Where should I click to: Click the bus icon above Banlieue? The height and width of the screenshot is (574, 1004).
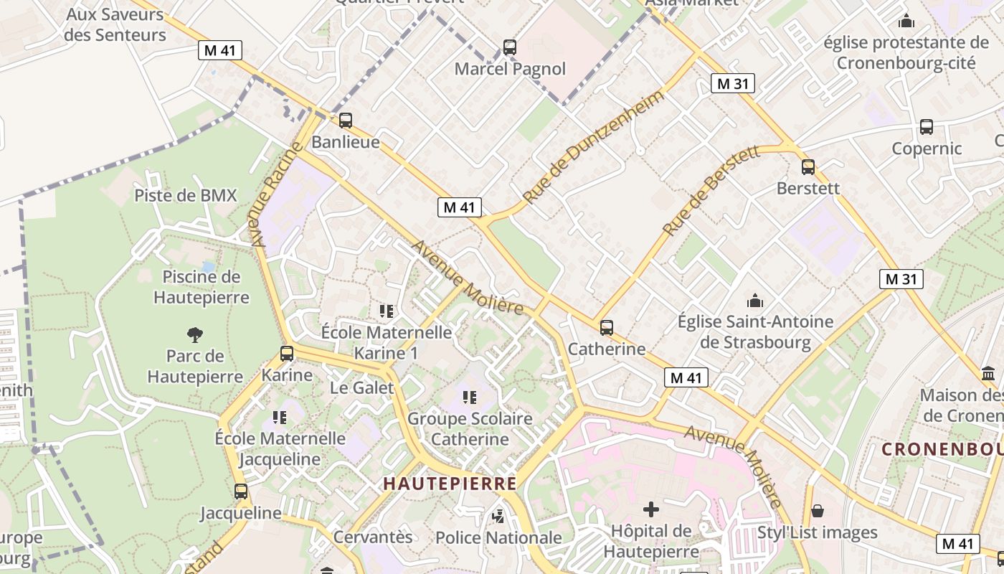pos(346,121)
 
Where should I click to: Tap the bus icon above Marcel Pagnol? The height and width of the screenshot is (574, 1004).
pos(510,48)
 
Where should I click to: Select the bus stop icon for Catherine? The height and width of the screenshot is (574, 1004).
pos(607,328)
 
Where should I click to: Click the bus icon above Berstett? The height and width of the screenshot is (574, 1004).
pos(808,167)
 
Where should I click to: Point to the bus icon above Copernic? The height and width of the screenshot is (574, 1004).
pos(927,127)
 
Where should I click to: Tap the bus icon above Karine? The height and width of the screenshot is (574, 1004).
pos(287,354)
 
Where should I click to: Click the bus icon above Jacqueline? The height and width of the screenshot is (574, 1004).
pos(241,491)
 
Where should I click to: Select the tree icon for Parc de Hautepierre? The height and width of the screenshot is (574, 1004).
pos(194,334)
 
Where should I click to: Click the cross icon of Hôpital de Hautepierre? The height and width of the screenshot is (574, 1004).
pos(651,509)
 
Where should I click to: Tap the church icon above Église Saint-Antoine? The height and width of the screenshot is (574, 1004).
pos(755,301)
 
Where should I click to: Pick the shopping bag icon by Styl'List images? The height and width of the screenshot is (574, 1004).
pos(817,511)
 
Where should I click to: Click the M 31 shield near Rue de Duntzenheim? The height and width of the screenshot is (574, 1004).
pos(733,83)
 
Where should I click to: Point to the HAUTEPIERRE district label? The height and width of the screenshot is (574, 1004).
pos(450,484)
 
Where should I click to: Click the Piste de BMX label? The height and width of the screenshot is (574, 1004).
pos(186,195)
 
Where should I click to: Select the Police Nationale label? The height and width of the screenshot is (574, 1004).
pos(499,537)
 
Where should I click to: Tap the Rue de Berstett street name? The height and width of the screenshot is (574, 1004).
pos(711,192)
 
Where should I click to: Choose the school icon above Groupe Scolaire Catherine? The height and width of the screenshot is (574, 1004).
pos(470,397)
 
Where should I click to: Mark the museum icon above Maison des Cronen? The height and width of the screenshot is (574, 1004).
pos(988,374)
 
